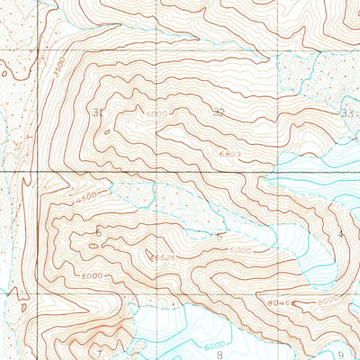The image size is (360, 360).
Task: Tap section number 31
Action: click(97, 112)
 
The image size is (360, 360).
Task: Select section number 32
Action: click(219, 112)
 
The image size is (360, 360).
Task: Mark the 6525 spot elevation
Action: click(162, 258)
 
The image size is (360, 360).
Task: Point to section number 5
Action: click(220, 235)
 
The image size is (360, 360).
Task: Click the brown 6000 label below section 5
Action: click(239, 249)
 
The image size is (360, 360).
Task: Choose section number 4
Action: click(341, 234)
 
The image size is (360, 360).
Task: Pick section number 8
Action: click(220, 355)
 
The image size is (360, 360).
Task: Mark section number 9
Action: click(341, 355)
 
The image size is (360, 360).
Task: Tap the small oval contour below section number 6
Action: click(95, 243)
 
